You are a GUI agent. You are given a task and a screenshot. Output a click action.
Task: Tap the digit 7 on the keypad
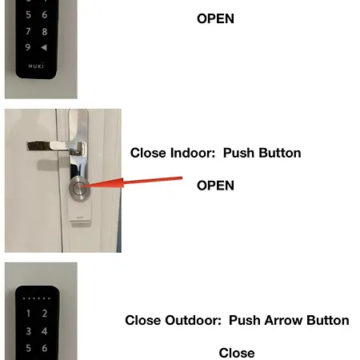pos(28,31)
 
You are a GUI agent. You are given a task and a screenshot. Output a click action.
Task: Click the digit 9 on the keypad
pos(28,47)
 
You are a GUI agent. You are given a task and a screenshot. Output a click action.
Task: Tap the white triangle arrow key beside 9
pos(44,47)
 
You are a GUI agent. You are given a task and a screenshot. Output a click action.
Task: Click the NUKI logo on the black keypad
pos(36,66)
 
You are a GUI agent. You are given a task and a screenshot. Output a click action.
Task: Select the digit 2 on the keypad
pos(45,314)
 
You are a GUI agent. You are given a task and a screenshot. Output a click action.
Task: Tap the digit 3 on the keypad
pos(28,331)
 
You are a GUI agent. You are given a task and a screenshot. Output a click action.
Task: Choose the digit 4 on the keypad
pos(45,331)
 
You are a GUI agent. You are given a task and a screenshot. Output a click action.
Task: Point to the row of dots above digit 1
pos(37,298)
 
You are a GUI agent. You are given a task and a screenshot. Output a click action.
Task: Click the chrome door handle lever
pos(57,146)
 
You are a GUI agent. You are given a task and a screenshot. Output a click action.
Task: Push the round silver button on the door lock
pos(79,188)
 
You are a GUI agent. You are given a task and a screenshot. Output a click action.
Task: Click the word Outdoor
pos(193,320)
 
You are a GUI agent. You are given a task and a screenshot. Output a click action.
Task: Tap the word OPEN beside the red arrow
pos(215,186)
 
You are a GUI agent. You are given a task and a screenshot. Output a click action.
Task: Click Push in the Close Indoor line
pos(238,153)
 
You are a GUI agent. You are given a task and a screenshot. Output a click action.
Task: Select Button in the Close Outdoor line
pos(328,320)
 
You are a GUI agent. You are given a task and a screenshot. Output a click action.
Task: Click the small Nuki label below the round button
pos(80,218)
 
